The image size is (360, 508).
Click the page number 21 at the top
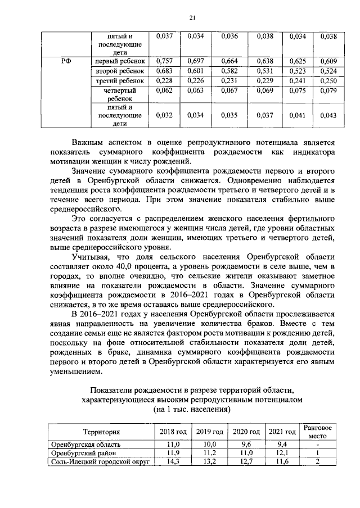191,18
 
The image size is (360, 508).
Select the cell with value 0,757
163,61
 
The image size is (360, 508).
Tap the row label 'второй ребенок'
120,71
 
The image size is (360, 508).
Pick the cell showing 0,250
328,81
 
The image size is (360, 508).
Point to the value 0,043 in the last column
328,116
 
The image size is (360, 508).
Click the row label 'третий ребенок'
120,81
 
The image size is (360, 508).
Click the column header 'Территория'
101,432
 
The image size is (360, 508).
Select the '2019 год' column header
209,432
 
